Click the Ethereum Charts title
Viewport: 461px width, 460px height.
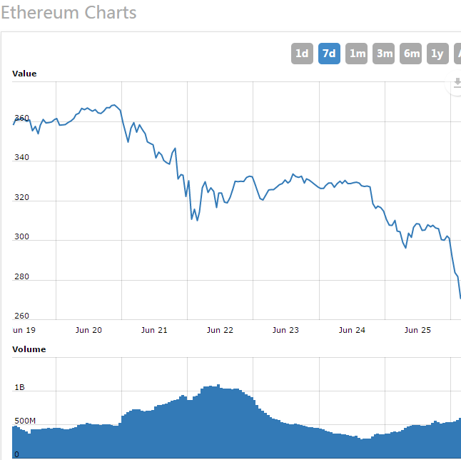69,13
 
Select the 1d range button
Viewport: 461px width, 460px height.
302,54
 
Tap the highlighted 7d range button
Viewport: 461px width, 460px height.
329,54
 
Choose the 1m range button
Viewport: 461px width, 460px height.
356,54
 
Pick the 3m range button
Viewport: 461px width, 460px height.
384,54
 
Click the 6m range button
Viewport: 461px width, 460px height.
411,54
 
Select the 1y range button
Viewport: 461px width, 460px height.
437,54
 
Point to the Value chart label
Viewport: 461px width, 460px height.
24,74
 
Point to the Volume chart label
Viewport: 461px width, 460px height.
29,349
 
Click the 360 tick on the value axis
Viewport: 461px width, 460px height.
21,118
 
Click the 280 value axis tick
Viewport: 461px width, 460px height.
21,276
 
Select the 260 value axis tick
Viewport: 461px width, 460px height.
21,316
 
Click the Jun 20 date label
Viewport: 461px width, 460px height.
88,330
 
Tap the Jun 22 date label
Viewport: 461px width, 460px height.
220,330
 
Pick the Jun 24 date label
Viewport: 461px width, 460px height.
352,330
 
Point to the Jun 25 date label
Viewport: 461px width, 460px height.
417,330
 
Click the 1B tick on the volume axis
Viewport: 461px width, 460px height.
19,388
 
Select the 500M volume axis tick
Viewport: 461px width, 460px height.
24,421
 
